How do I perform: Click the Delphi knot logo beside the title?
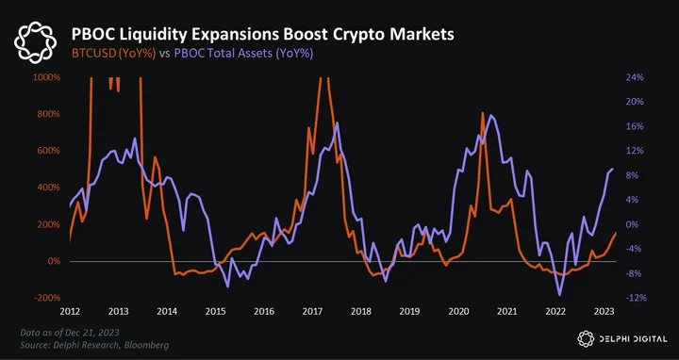pyautogui.click(x=35, y=42)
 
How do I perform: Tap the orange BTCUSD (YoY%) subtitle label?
pyautogui.click(x=113, y=54)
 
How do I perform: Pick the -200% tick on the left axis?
pyautogui.click(x=47, y=298)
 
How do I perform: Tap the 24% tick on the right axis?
pyautogui.click(x=635, y=77)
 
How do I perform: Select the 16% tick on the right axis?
pyautogui.click(x=635, y=126)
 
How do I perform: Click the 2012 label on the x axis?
pyautogui.click(x=70, y=312)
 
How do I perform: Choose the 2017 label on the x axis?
pyautogui.click(x=312, y=312)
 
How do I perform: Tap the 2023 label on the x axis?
pyautogui.click(x=604, y=312)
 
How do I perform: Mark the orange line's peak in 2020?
pyautogui.click(x=483, y=113)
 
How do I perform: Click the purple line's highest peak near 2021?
pyautogui.click(x=490, y=115)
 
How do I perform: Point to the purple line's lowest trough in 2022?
pyautogui.click(x=560, y=295)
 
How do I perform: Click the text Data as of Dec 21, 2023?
pyautogui.click(x=70, y=333)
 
